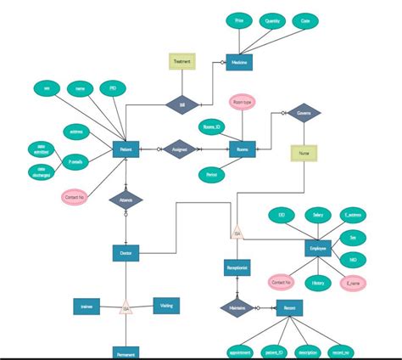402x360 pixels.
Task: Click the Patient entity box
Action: tap(126, 149)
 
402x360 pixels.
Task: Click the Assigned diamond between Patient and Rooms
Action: tap(179, 149)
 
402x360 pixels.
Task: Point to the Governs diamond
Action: tap(303, 112)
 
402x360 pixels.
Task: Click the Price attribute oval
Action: tap(239, 20)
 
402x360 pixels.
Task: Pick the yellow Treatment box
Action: tap(181, 62)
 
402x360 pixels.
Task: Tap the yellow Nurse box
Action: tap(304, 154)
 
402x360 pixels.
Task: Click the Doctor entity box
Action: tap(126, 253)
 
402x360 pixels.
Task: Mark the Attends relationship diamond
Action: tap(126, 200)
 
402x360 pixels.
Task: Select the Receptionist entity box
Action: tap(237, 268)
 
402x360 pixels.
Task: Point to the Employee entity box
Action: tap(317, 248)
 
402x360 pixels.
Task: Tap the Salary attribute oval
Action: tap(317, 217)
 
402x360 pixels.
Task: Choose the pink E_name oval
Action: tap(353, 283)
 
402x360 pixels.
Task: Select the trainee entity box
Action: tap(87, 307)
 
